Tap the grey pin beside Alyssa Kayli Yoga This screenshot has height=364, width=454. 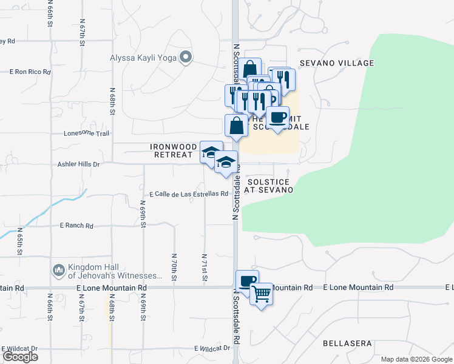click(186, 58)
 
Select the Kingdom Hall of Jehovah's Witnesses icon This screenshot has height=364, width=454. click(59, 269)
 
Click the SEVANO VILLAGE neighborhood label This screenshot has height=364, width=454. click(343, 63)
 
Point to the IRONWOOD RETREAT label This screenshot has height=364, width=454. click(174, 151)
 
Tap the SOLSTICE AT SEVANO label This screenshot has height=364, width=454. click(268, 186)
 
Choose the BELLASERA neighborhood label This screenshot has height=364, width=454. click(347, 343)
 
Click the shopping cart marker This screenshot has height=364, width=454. click(262, 294)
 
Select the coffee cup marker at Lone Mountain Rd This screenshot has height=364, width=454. click(247, 281)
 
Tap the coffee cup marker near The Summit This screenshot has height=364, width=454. click(277, 117)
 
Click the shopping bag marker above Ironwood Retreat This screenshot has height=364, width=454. click(236, 126)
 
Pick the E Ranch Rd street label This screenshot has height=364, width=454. click(76, 226)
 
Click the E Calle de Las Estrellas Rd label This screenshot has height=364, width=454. click(188, 194)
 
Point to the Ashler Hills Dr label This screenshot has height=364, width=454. click(78, 164)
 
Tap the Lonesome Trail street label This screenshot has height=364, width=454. click(86, 133)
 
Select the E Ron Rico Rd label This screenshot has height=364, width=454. click(29, 72)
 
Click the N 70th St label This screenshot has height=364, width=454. click(174, 267)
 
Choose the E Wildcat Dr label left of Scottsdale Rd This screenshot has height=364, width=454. click(212, 348)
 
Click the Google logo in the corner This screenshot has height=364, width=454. click(20, 357)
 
